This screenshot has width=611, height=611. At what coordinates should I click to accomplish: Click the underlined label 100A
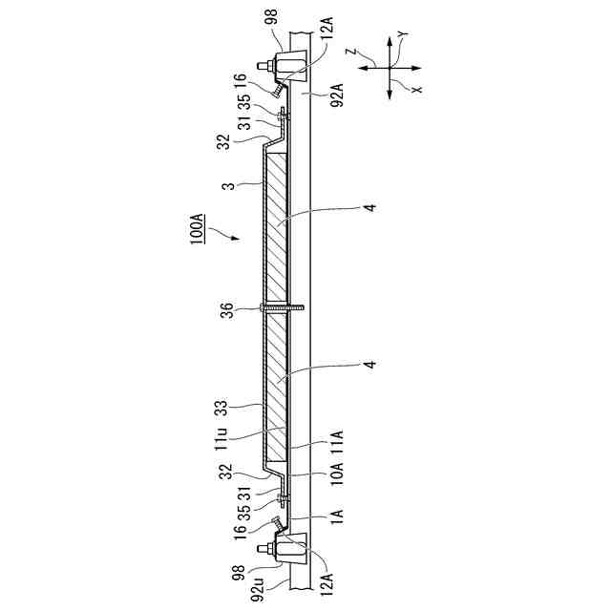[198, 228]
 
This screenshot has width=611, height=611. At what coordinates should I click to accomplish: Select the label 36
[227, 310]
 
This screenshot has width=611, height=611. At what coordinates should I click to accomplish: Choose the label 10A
[337, 473]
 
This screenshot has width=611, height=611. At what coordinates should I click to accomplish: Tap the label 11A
[337, 442]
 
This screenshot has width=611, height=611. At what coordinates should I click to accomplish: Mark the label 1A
[337, 517]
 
